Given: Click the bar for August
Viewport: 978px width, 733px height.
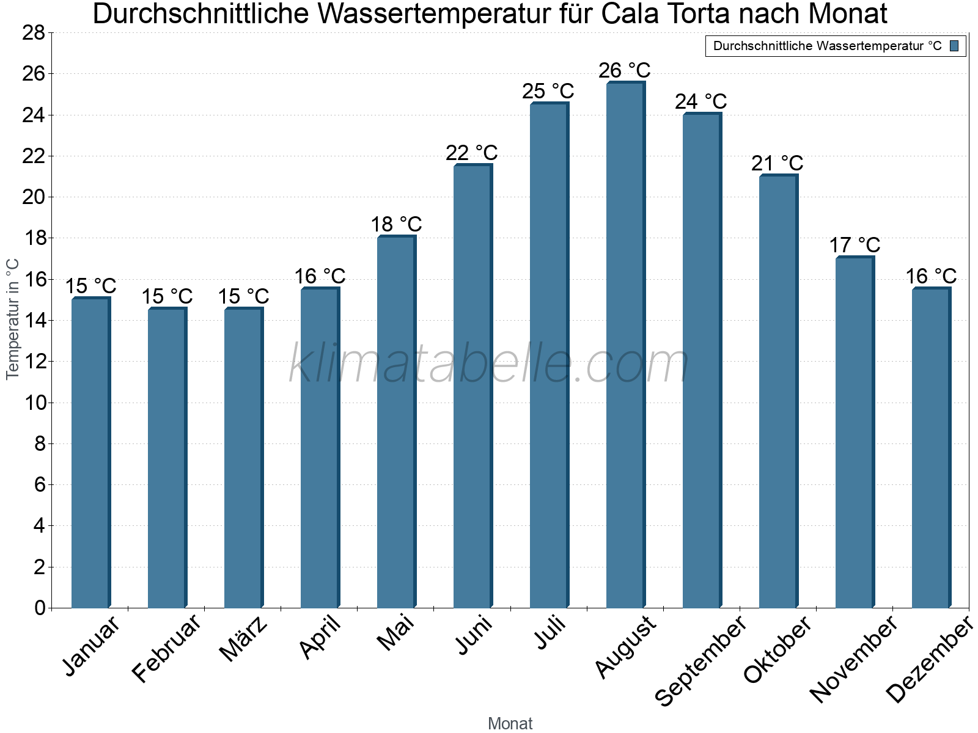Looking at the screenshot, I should tap(625, 345).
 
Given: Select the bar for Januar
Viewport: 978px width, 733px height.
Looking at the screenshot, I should tap(90, 453).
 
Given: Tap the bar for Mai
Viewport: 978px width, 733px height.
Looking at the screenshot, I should tap(396, 422).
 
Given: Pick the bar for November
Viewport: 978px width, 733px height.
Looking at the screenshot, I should tap(854, 432).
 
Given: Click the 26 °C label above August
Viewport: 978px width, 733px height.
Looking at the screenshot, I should tap(624, 71).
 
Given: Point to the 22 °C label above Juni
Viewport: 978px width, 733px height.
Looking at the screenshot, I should tap(471, 153).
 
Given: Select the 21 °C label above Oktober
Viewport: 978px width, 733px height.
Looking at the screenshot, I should tap(777, 164).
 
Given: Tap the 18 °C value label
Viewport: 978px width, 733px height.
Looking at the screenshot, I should tap(396, 224).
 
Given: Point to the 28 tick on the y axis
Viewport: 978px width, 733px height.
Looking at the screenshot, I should tap(34, 33).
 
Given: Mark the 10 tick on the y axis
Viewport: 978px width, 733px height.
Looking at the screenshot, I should tap(34, 403).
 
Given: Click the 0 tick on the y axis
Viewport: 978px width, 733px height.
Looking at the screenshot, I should tap(40, 608).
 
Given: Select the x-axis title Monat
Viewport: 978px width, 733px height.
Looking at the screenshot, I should tap(510, 723).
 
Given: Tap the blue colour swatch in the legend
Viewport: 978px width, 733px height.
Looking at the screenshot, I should tap(954, 46).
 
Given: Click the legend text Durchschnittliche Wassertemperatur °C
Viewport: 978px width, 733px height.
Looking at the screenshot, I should tap(827, 46).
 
